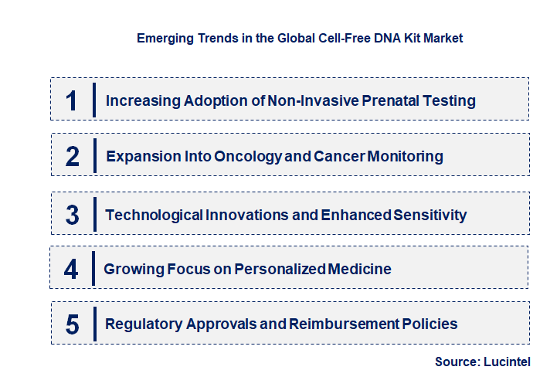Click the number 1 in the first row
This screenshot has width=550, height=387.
(x=72, y=101)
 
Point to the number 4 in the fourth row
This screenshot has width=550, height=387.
(x=72, y=270)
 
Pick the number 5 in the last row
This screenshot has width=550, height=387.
(x=72, y=324)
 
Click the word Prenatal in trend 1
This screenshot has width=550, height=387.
(x=394, y=101)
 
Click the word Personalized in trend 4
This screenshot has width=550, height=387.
(x=280, y=270)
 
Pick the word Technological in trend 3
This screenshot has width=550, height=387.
(x=154, y=215)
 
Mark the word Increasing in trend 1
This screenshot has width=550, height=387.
(x=139, y=101)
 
